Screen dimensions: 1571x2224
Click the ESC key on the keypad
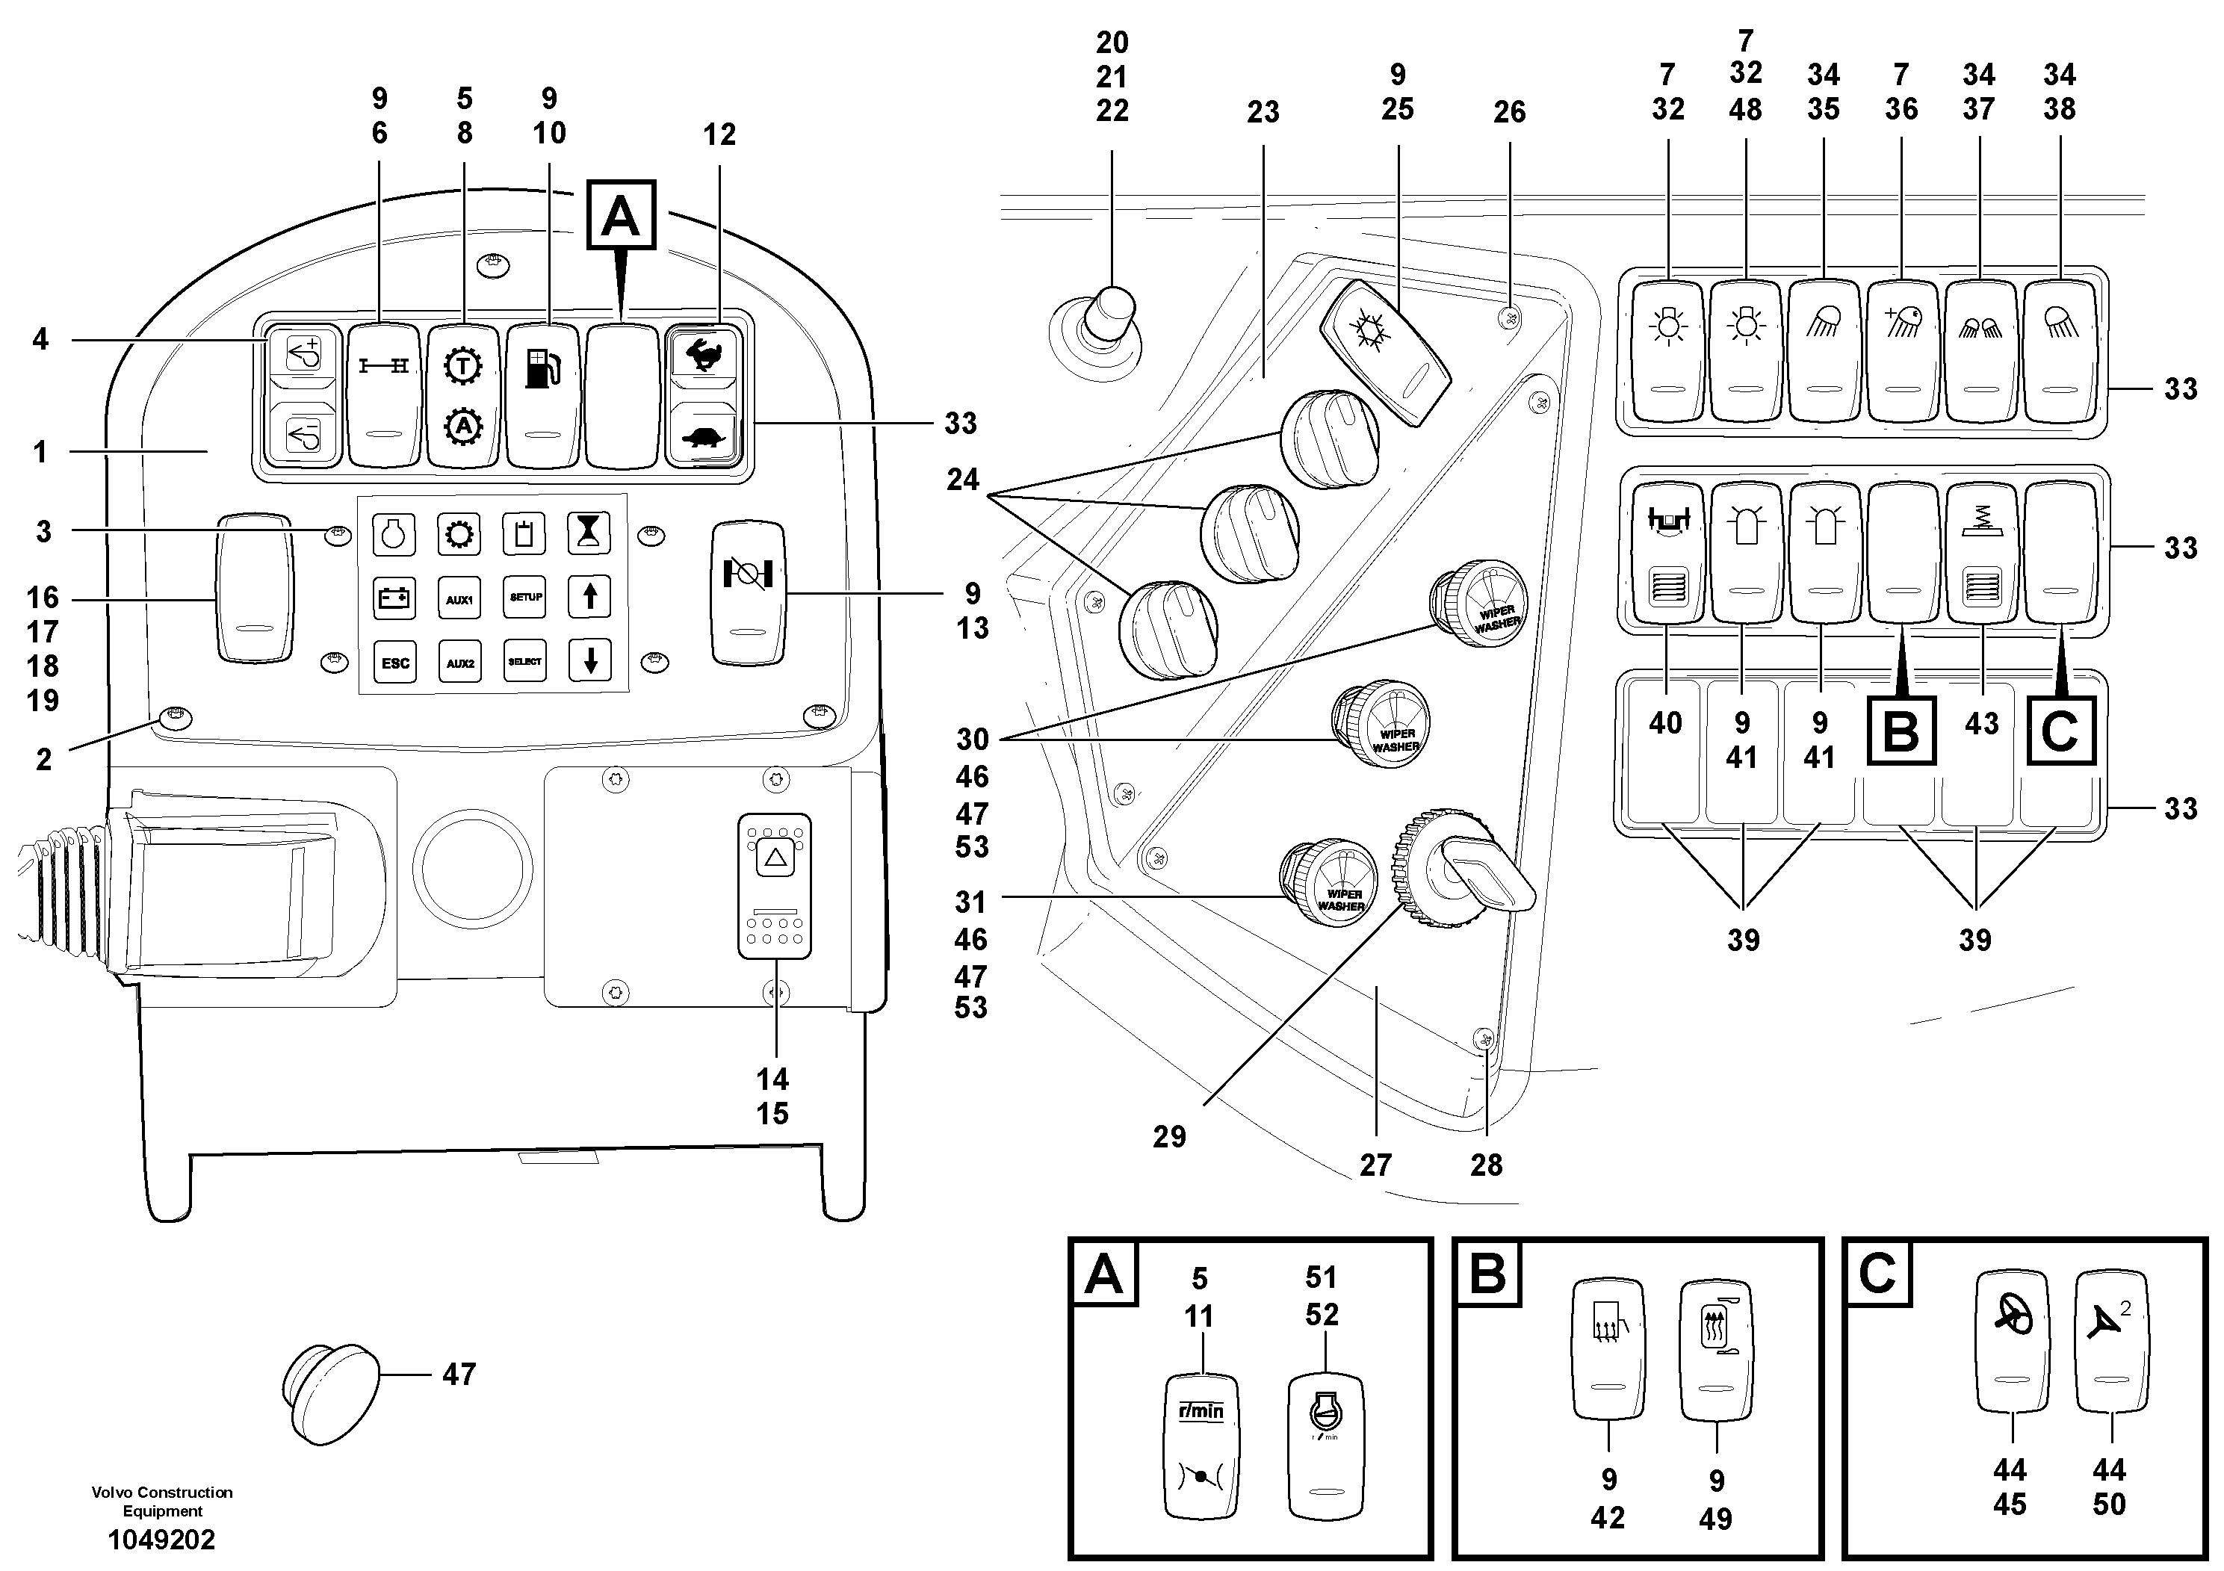(x=394, y=663)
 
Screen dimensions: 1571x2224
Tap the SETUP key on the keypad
(x=525, y=598)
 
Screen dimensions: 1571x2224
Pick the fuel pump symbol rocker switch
(x=542, y=394)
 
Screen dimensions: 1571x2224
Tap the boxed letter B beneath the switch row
(x=1901, y=731)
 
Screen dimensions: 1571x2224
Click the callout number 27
(x=1375, y=1165)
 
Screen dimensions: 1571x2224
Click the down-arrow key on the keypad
(x=590, y=662)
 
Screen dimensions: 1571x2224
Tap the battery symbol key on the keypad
(x=394, y=598)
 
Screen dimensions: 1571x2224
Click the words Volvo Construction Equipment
(x=162, y=1502)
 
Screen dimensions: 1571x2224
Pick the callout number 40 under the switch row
(x=1665, y=724)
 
